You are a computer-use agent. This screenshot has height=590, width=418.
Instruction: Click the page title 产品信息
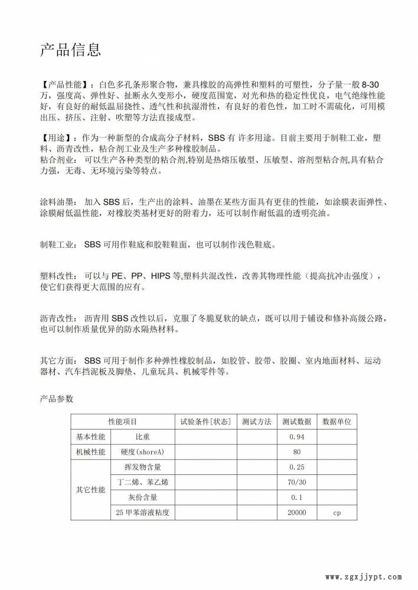(x=70, y=50)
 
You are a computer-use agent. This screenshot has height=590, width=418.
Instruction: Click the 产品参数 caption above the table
(x=57, y=399)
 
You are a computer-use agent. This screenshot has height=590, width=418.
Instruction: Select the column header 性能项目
(x=123, y=422)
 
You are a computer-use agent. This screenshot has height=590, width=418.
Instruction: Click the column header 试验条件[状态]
(x=205, y=422)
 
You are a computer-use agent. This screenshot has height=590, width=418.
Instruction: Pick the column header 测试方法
(x=257, y=422)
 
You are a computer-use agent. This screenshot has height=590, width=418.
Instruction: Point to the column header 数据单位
(x=337, y=422)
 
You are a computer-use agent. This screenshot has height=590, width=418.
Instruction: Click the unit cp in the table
(x=337, y=513)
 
